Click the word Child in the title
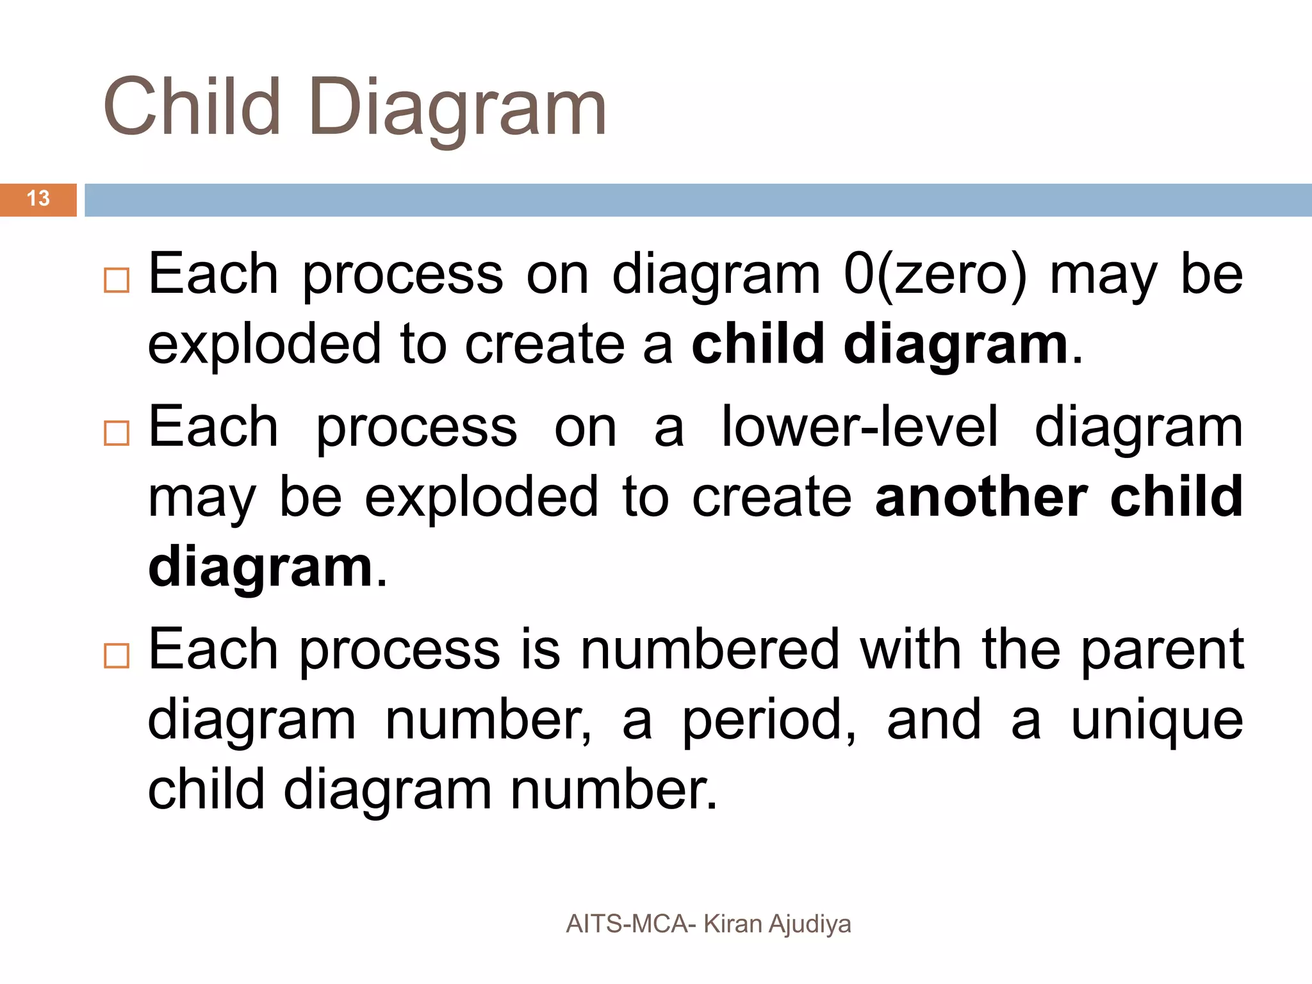(x=192, y=107)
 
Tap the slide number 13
(x=38, y=199)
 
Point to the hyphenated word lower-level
(x=860, y=427)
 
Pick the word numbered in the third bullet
(x=710, y=650)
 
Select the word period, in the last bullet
(x=769, y=721)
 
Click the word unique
(x=1157, y=721)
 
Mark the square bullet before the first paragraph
(x=117, y=281)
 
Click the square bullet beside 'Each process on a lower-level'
(x=117, y=433)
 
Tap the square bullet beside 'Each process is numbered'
(x=117, y=656)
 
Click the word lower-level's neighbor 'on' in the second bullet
(x=586, y=429)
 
